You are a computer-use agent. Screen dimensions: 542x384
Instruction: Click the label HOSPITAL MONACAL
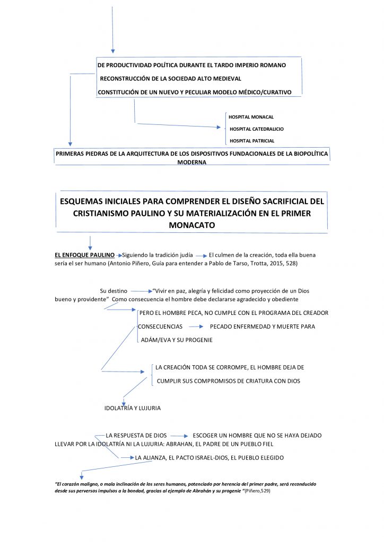click(x=251, y=117)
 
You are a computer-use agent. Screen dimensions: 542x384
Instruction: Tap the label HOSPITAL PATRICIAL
click(x=252, y=141)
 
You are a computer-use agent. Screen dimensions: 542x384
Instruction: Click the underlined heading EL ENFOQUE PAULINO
click(x=84, y=255)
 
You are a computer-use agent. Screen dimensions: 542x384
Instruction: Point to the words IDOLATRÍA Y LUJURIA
click(x=132, y=408)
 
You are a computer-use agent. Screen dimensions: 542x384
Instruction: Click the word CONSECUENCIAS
click(x=160, y=327)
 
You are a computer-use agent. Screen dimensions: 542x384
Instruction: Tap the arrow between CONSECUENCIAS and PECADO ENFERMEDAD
click(x=197, y=327)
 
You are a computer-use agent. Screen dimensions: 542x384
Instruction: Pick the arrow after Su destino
click(x=141, y=291)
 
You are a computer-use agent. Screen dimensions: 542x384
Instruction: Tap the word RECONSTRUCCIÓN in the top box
click(x=126, y=78)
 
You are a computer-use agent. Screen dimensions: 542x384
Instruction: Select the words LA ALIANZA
click(x=151, y=457)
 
